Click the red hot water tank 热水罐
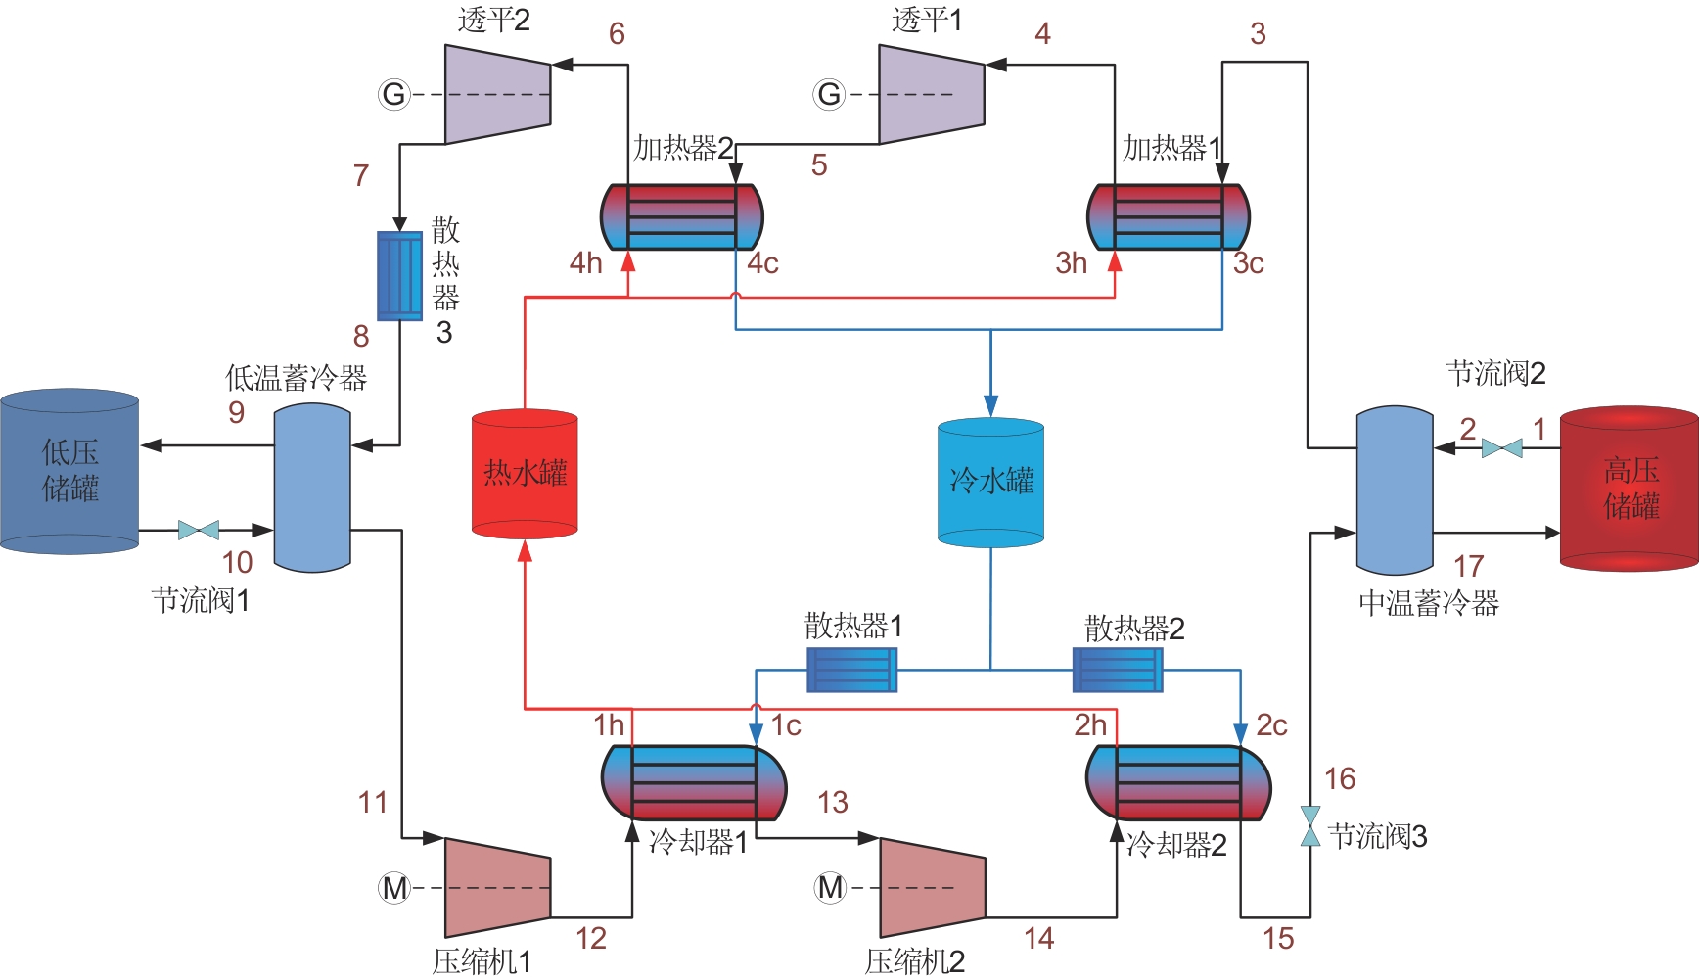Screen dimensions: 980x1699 [525, 474]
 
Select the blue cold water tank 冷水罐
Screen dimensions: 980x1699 [990, 483]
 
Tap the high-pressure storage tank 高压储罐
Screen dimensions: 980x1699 [1629, 489]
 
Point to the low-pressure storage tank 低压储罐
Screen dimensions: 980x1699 [69, 471]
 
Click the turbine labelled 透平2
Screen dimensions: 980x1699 [497, 94]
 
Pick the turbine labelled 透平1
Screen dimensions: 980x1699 [931, 94]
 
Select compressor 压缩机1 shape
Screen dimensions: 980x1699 [497, 888]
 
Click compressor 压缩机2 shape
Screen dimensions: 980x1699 [932, 888]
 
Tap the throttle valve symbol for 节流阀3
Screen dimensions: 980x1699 [1310, 825]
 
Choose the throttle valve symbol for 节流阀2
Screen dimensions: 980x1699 [1501, 448]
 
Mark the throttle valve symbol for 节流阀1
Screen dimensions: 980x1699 [199, 531]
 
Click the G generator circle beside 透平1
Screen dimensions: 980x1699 [829, 95]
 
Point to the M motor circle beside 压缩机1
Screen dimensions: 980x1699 [394, 888]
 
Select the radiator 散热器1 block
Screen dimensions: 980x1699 [851, 670]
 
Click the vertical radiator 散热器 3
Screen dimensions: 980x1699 [399, 276]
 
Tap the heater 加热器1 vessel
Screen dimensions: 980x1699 [1169, 216]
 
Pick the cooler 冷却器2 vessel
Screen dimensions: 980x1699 [1178, 783]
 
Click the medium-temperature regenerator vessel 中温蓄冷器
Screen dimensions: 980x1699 [1395, 490]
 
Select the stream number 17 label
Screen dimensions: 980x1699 [1468, 566]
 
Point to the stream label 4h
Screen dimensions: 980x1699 [586, 263]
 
